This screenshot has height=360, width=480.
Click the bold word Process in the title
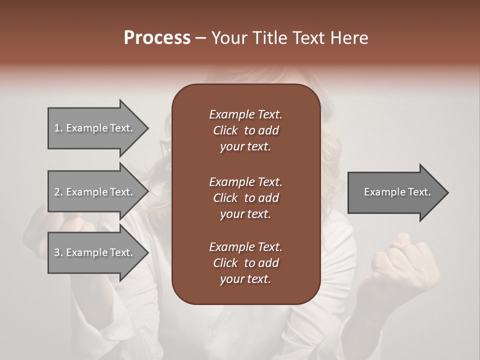(157, 38)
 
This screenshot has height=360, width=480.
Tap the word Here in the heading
(349, 38)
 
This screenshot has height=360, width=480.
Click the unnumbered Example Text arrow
(397, 192)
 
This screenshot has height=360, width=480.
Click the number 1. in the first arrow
(58, 128)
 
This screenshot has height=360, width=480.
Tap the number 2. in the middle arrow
(58, 192)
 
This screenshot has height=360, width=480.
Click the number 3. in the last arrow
(58, 252)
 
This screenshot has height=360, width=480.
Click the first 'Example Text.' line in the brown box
(245, 114)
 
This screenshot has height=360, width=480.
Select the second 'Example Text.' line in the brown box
(245, 182)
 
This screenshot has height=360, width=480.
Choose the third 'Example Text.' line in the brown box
(245, 247)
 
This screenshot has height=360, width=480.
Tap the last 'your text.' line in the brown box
(245, 279)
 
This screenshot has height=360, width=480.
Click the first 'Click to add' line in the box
(245, 130)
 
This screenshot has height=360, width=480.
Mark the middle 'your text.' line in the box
(245, 214)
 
